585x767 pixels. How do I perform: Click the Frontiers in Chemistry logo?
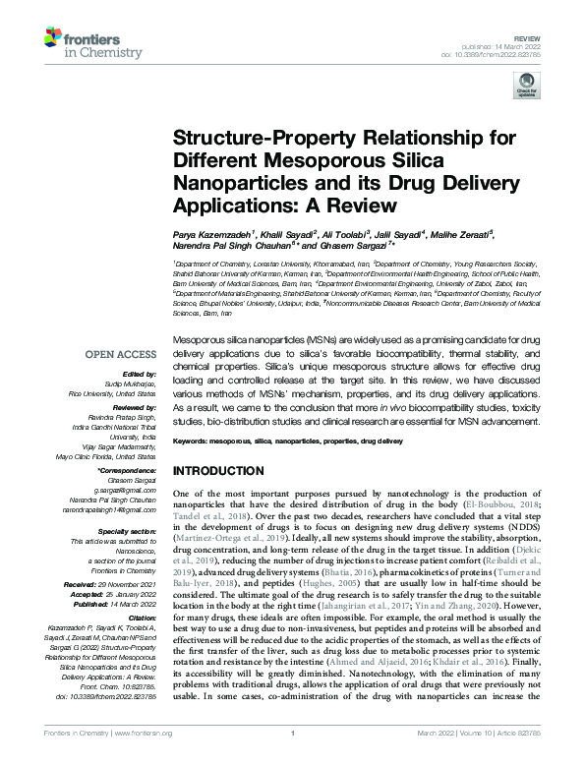pos(86,40)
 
